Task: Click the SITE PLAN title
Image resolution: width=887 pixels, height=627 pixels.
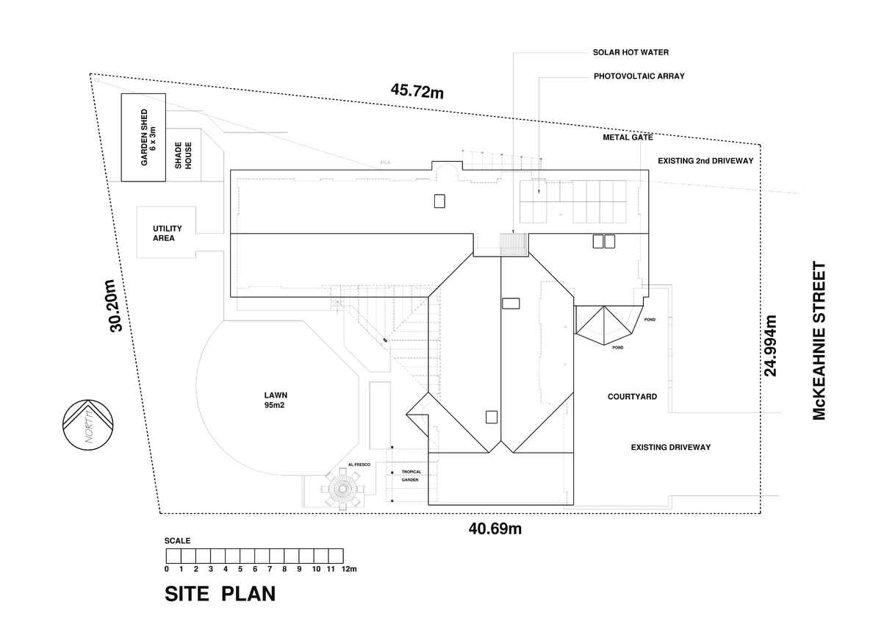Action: click(x=220, y=594)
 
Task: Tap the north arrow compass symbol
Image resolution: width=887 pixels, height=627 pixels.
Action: click(x=88, y=425)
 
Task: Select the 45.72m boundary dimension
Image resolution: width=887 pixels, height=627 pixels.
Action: click(x=417, y=91)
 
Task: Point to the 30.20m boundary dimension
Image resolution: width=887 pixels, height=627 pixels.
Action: click(x=116, y=305)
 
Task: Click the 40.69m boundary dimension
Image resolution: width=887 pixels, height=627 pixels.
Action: click(x=495, y=529)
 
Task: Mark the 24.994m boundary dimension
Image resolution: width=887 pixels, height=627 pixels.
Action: click(x=770, y=345)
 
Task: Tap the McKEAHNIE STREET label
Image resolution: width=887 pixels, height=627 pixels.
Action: click(x=819, y=340)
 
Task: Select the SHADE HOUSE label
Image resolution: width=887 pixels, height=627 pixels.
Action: click(x=183, y=155)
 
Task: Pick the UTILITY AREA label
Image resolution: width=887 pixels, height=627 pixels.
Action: click(x=167, y=233)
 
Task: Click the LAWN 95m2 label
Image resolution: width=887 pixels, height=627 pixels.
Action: click(x=276, y=400)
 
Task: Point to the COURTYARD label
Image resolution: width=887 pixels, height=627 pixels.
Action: click(x=632, y=396)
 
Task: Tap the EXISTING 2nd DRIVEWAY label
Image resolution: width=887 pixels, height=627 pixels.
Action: click(x=705, y=161)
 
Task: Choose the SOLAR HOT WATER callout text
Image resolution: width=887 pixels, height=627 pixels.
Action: click(x=631, y=52)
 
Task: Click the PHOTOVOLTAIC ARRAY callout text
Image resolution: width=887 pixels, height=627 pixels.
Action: click(x=639, y=76)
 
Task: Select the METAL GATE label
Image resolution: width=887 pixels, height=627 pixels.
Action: click(x=628, y=137)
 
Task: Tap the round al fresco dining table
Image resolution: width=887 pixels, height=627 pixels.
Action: click(x=342, y=489)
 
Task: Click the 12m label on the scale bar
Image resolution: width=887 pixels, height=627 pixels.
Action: click(x=349, y=569)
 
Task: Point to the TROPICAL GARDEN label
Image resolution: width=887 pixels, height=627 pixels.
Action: click(x=411, y=476)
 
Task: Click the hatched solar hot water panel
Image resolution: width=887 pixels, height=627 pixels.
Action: click(x=514, y=244)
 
